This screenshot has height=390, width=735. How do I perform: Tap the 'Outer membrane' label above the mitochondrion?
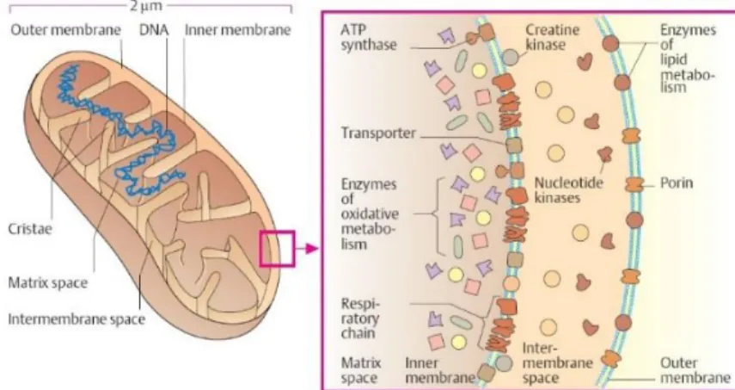(65, 30)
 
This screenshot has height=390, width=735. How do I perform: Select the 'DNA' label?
(153, 30)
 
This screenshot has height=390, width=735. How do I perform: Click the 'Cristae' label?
(30, 229)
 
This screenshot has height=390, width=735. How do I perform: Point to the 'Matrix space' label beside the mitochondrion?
(48, 283)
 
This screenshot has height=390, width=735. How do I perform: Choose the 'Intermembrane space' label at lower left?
(77, 319)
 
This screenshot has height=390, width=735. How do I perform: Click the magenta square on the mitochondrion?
(278, 249)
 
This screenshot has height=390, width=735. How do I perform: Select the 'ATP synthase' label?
(369, 38)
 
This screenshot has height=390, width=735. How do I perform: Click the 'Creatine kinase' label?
(552, 38)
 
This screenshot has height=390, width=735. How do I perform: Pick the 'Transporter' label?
(378, 133)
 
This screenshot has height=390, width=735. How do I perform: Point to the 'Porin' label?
(677, 183)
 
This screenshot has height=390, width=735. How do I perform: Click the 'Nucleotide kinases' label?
(568, 190)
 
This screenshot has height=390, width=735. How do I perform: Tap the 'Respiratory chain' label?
(360, 319)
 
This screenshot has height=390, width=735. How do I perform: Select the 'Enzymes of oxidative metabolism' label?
(370, 214)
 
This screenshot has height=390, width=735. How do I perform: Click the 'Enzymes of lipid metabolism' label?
(688, 59)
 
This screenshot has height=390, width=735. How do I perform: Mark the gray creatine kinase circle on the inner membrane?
(511, 58)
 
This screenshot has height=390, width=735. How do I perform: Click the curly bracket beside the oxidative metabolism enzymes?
(438, 214)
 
